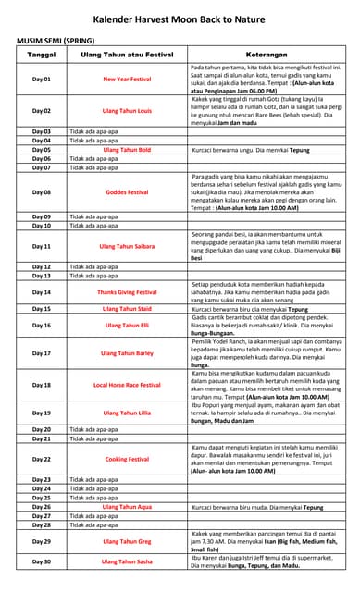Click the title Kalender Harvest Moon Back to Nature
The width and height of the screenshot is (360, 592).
point(180,19)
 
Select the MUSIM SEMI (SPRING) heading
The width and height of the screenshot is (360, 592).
point(56,43)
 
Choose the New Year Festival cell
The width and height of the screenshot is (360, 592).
point(127,80)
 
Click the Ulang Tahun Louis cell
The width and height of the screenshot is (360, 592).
point(127,111)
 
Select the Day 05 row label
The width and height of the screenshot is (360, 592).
point(42,149)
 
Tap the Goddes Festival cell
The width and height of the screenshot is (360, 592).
point(127,192)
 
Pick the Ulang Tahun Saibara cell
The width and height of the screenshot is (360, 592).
point(127,247)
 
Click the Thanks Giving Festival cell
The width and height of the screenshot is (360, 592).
point(127,292)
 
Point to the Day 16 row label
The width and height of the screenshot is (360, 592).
point(42,326)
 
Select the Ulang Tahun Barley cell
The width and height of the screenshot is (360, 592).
point(127,353)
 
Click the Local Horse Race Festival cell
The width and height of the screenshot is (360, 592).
point(127,385)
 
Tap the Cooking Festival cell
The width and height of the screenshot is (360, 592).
point(127,459)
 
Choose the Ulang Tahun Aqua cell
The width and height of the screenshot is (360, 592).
point(127,507)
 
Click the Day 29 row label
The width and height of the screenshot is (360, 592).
point(42,541)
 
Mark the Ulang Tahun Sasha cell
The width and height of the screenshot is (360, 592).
point(127,562)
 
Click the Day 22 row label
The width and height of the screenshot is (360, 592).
point(42,459)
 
